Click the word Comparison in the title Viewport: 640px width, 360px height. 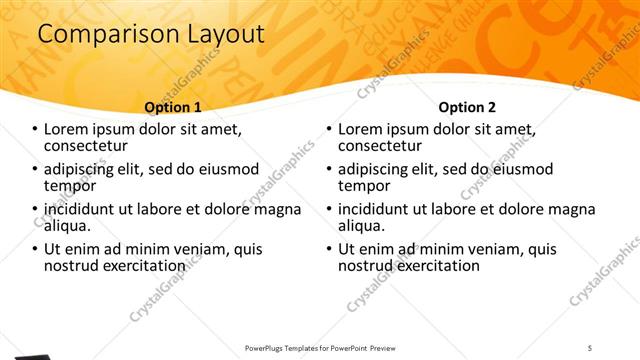point(100,34)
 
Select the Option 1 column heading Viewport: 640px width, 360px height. point(173,107)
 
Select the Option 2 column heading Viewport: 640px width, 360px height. point(467,107)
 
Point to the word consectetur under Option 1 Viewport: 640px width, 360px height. point(91,146)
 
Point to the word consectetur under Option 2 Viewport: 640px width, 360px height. point(385,146)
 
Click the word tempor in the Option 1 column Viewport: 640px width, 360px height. point(70,186)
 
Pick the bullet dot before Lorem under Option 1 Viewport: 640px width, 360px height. point(35,130)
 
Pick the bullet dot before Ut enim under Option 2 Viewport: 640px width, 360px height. point(329,250)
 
